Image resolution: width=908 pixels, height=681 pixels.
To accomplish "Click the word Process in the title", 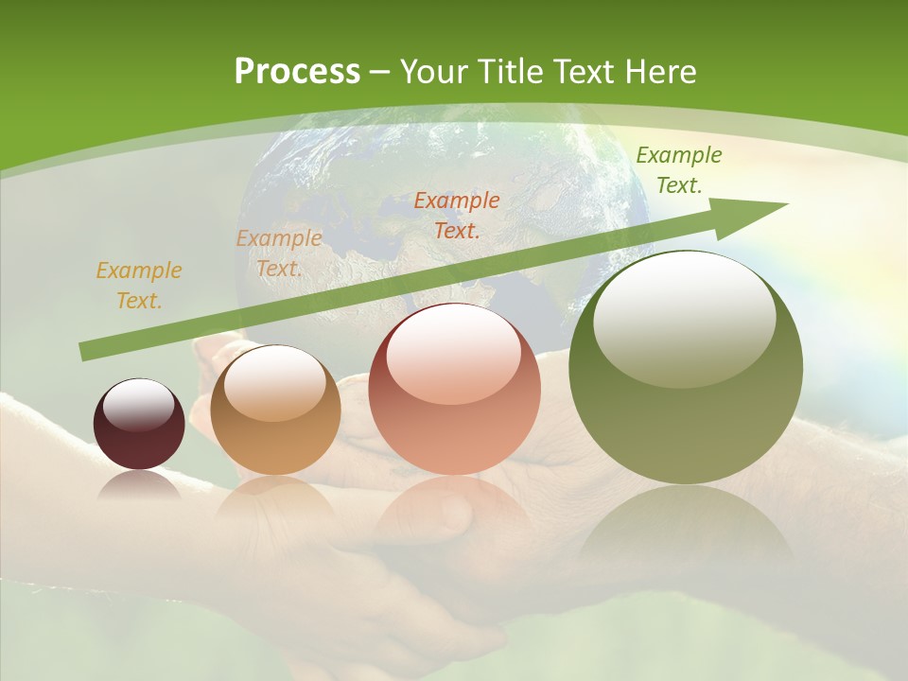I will tap(297, 72).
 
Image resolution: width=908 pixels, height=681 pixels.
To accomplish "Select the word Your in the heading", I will tap(436, 72).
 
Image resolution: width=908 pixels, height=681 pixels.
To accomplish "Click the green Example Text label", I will tap(678, 170).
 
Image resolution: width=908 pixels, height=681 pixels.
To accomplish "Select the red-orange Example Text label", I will tap(457, 215).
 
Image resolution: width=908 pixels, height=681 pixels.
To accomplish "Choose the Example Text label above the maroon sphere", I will tap(139, 285).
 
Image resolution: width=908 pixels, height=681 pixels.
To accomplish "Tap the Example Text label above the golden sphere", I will tap(279, 253).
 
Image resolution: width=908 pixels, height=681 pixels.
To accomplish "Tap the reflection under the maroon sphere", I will tap(139, 484).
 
